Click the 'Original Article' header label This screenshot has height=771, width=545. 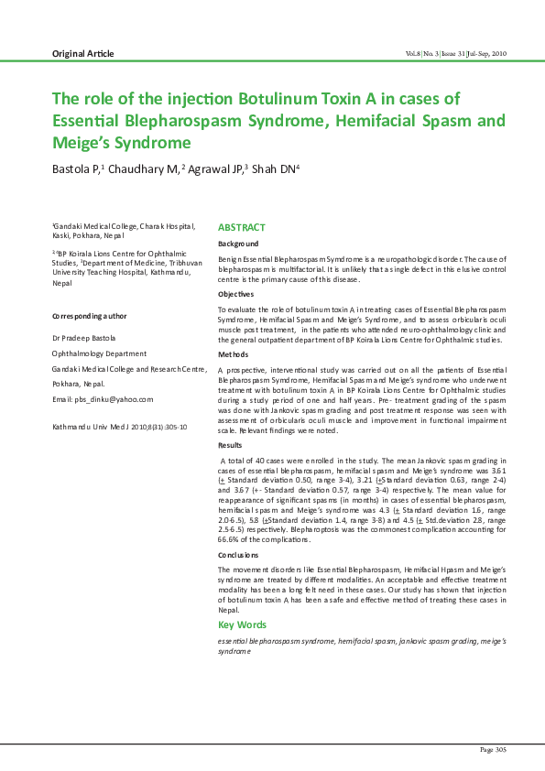pos(83,54)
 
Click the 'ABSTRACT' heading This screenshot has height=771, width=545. pos(241,227)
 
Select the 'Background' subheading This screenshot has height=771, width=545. pos(237,244)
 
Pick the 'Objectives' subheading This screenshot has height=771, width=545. pos(235,294)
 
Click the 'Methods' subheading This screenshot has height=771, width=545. pos(233,353)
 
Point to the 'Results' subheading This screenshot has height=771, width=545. pos(231,445)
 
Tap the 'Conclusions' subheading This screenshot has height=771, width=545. pos(238,555)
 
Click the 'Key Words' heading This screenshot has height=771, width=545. pos(242,624)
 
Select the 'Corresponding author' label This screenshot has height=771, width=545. pos(89,316)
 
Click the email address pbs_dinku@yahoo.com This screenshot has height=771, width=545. pos(103,400)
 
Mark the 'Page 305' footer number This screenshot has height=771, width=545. pos(494,750)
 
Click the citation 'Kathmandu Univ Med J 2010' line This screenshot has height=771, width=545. pos(119,427)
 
